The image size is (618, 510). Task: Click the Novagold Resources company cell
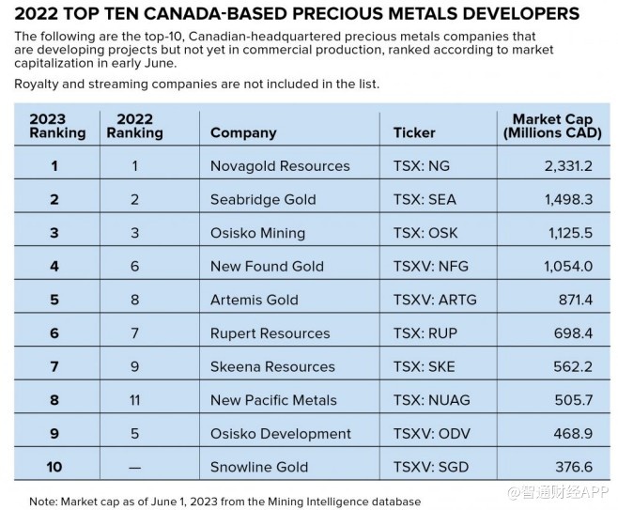point(280,166)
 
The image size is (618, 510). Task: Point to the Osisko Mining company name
point(257,233)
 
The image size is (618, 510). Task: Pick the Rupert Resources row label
point(270,333)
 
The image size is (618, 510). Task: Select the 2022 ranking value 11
point(134,400)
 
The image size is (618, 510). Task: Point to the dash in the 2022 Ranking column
point(134,468)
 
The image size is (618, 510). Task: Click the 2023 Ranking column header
point(57,126)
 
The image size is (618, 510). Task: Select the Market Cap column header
point(552,126)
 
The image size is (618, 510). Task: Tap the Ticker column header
point(414,132)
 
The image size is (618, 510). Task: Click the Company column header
point(243,132)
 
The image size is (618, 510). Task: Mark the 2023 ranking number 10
point(54,468)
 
